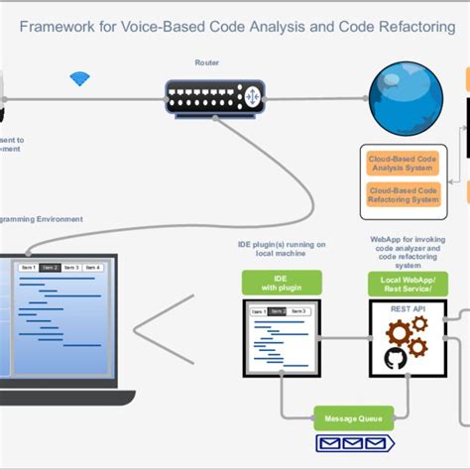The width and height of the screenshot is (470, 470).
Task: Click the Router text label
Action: click(x=207, y=62)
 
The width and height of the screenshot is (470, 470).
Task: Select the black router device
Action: click(x=206, y=96)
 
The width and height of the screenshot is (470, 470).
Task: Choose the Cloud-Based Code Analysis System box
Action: click(x=403, y=162)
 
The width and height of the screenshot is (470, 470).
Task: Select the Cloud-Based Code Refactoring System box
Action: click(x=403, y=193)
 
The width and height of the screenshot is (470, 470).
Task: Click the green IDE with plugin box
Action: click(x=282, y=283)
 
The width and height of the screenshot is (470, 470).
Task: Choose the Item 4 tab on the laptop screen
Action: click(x=92, y=268)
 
